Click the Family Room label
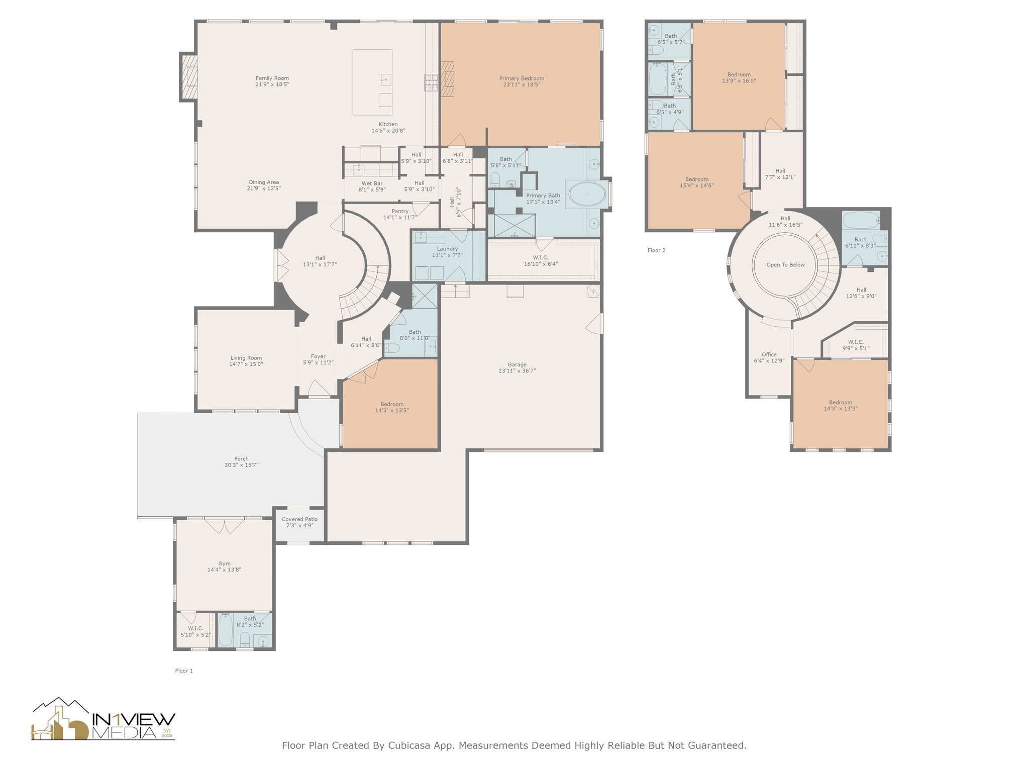point(272,78)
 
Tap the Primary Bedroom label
point(522,78)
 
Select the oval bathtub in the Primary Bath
point(586,194)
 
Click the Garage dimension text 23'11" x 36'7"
point(517,371)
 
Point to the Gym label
point(224,563)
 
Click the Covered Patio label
point(300,519)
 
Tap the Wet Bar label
point(372,183)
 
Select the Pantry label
point(400,211)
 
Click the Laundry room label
point(447,249)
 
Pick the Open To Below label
point(785,265)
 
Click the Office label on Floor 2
point(769,354)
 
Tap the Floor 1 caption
point(184,670)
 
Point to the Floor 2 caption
point(656,250)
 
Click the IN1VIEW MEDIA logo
point(104,719)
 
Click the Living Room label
point(246,358)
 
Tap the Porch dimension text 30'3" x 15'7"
point(241,465)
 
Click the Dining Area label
point(264,182)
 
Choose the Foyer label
point(318,356)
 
